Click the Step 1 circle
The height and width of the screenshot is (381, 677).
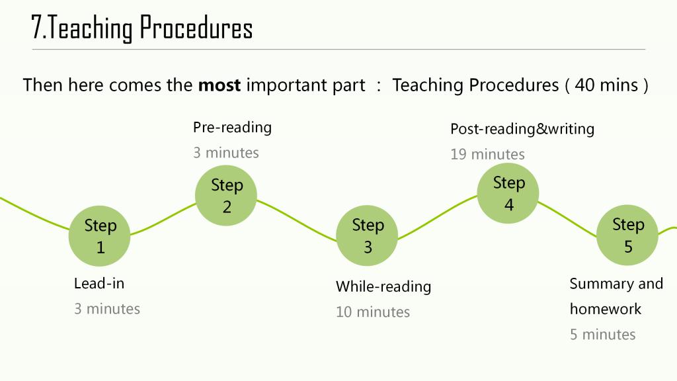click(99, 236)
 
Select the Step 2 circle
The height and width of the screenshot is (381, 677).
click(226, 195)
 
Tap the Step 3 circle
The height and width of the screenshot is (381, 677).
click(367, 235)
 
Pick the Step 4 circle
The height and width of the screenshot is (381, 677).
click(508, 193)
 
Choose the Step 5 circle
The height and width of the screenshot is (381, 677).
click(627, 235)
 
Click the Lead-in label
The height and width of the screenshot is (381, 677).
click(99, 283)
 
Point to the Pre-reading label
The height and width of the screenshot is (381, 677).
click(232, 128)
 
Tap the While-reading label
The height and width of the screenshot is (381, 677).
click(383, 286)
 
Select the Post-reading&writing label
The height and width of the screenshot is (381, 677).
click(522, 129)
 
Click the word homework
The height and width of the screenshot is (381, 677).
click(606, 309)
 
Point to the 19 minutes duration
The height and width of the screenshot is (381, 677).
click(487, 154)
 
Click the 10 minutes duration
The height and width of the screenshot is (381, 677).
click(373, 312)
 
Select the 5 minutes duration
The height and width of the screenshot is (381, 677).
click(603, 334)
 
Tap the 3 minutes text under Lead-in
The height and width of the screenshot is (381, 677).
click(107, 309)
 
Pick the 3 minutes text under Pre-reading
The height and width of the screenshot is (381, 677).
click(226, 153)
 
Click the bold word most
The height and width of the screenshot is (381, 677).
click(219, 85)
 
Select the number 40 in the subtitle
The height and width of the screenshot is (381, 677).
click(584, 85)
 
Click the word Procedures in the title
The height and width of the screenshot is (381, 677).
click(196, 28)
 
